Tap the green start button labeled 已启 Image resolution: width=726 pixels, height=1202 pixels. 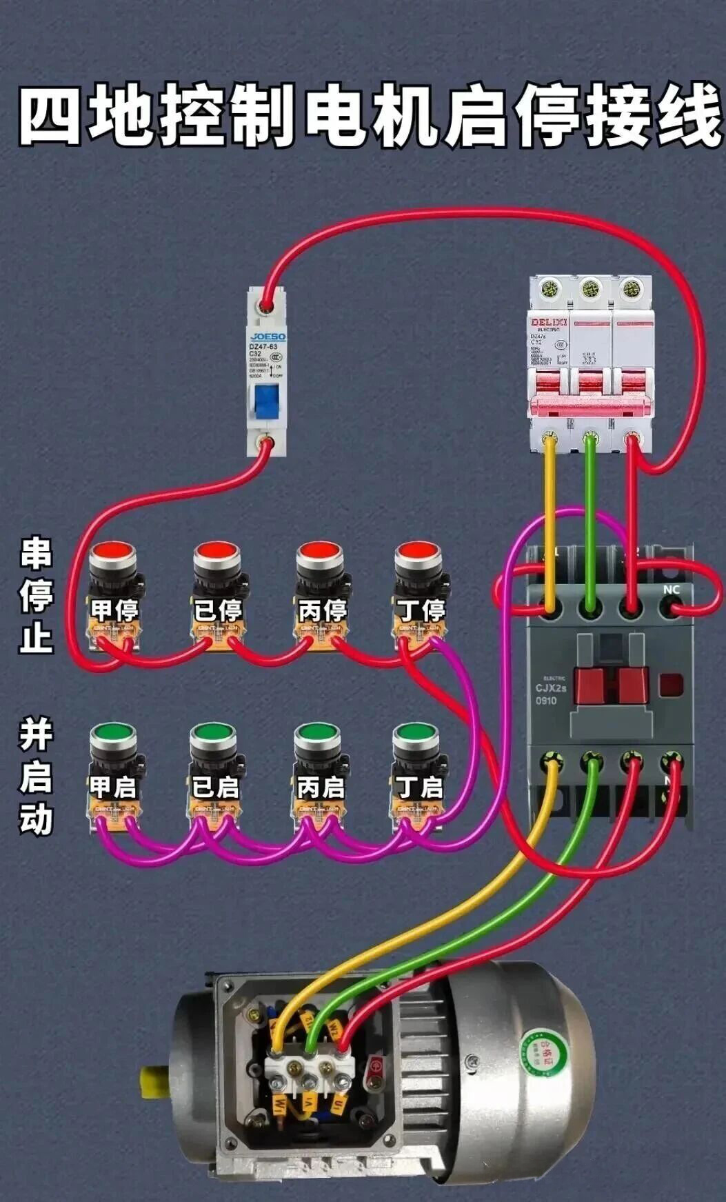213,733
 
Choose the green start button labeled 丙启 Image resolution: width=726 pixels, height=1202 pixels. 316,733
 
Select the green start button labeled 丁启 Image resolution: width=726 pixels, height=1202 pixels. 415,733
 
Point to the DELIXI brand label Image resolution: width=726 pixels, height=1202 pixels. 548,322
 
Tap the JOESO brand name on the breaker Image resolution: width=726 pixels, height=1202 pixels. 267,337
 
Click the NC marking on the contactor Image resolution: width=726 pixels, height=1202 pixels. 671,589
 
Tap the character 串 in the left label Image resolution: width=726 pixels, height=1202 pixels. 36,553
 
